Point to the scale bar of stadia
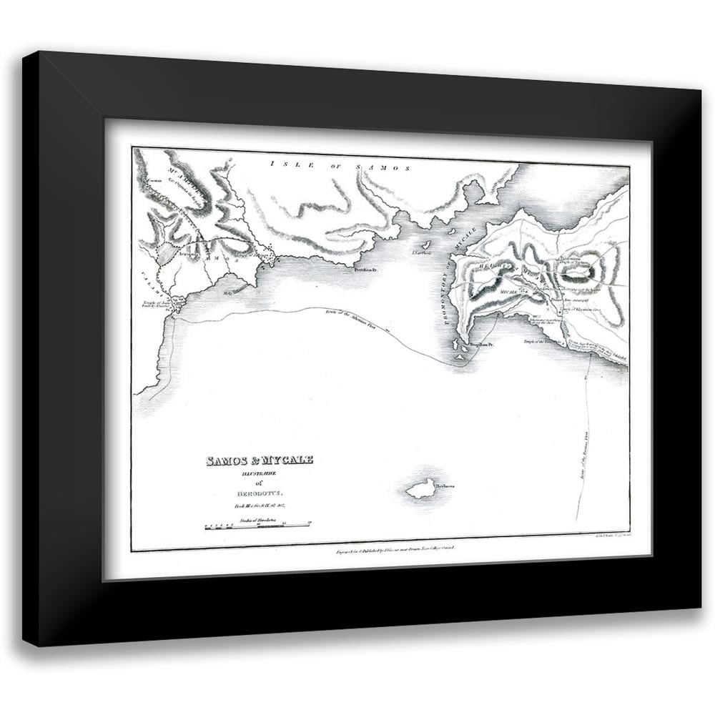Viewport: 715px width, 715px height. click(x=257, y=527)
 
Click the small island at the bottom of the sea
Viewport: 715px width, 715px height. click(x=421, y=488)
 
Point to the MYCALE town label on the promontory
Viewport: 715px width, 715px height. click(x=508, y=292)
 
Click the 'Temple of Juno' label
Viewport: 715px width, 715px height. click(x=157, y=305)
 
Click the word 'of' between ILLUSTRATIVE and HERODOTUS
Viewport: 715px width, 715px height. click(x=260, y=483)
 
